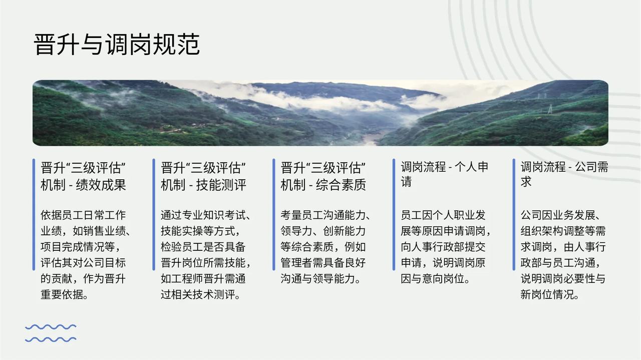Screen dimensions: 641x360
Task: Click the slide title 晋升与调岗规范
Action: [x=117, y=45]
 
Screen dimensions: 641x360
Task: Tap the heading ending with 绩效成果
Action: [x=83, y=176]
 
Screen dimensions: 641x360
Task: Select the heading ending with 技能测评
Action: [x=203, y=176]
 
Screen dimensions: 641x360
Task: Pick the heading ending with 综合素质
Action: [x=324, y=176]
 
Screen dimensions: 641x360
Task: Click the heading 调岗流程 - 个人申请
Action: [x=444, y=174]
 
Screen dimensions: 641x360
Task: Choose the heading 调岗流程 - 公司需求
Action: [x=564, y=174]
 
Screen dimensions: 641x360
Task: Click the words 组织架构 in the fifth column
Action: [x=542, y=231]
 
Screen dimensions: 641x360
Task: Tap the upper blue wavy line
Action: [x=51, y=327]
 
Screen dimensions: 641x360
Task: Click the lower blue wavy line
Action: [x=51, y=339]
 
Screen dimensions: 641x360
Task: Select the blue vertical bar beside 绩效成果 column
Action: [x=34, y=214]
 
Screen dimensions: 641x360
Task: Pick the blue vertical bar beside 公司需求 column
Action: [x=514, y=214]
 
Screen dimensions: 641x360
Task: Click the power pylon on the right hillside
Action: [x=550, y=109]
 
